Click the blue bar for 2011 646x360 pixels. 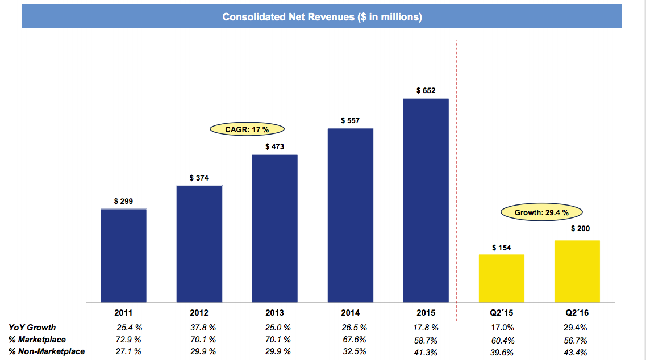(123, 256)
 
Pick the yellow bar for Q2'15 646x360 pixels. (501, 278)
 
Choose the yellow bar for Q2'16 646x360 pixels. (577, 271)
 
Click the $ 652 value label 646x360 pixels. (426, 90)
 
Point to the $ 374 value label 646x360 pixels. (199, 178)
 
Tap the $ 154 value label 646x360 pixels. (501, 248)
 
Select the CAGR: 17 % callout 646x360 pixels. (247, 129)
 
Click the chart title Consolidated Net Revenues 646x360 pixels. (322, 17)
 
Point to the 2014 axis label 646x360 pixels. (350, 313)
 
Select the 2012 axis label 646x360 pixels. (199, 313)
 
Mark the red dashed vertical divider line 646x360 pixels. (457, 170)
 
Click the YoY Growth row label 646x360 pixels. (32, 328)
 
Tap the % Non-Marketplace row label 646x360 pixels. (47, 351)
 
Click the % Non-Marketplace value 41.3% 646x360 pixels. (427, 352)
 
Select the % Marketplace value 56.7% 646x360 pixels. (575, 341)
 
